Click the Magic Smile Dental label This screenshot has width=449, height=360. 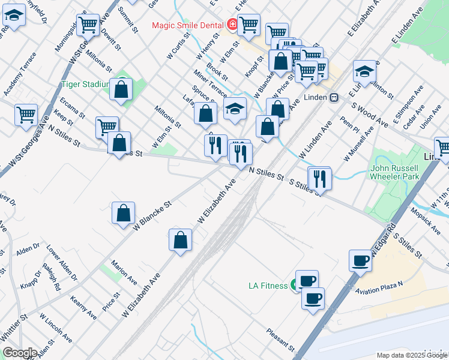188,25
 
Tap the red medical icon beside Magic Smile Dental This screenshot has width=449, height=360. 233,25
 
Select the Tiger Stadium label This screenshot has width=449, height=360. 85,84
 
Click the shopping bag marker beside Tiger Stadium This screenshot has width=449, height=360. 121,90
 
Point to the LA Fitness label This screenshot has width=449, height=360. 268,286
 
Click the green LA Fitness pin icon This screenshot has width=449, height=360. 295,285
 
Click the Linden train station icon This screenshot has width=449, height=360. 334,97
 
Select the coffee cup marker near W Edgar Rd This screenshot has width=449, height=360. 360,261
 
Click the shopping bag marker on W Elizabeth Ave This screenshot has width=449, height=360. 180,241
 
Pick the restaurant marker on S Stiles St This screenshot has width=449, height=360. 319,178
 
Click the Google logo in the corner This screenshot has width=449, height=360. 19,353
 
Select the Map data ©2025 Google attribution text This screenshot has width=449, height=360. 412,355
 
